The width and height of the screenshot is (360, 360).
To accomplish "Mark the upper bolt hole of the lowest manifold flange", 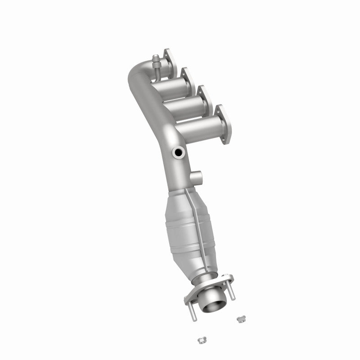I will pos(220,109).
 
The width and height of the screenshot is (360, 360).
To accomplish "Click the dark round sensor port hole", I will pos(179,153).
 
